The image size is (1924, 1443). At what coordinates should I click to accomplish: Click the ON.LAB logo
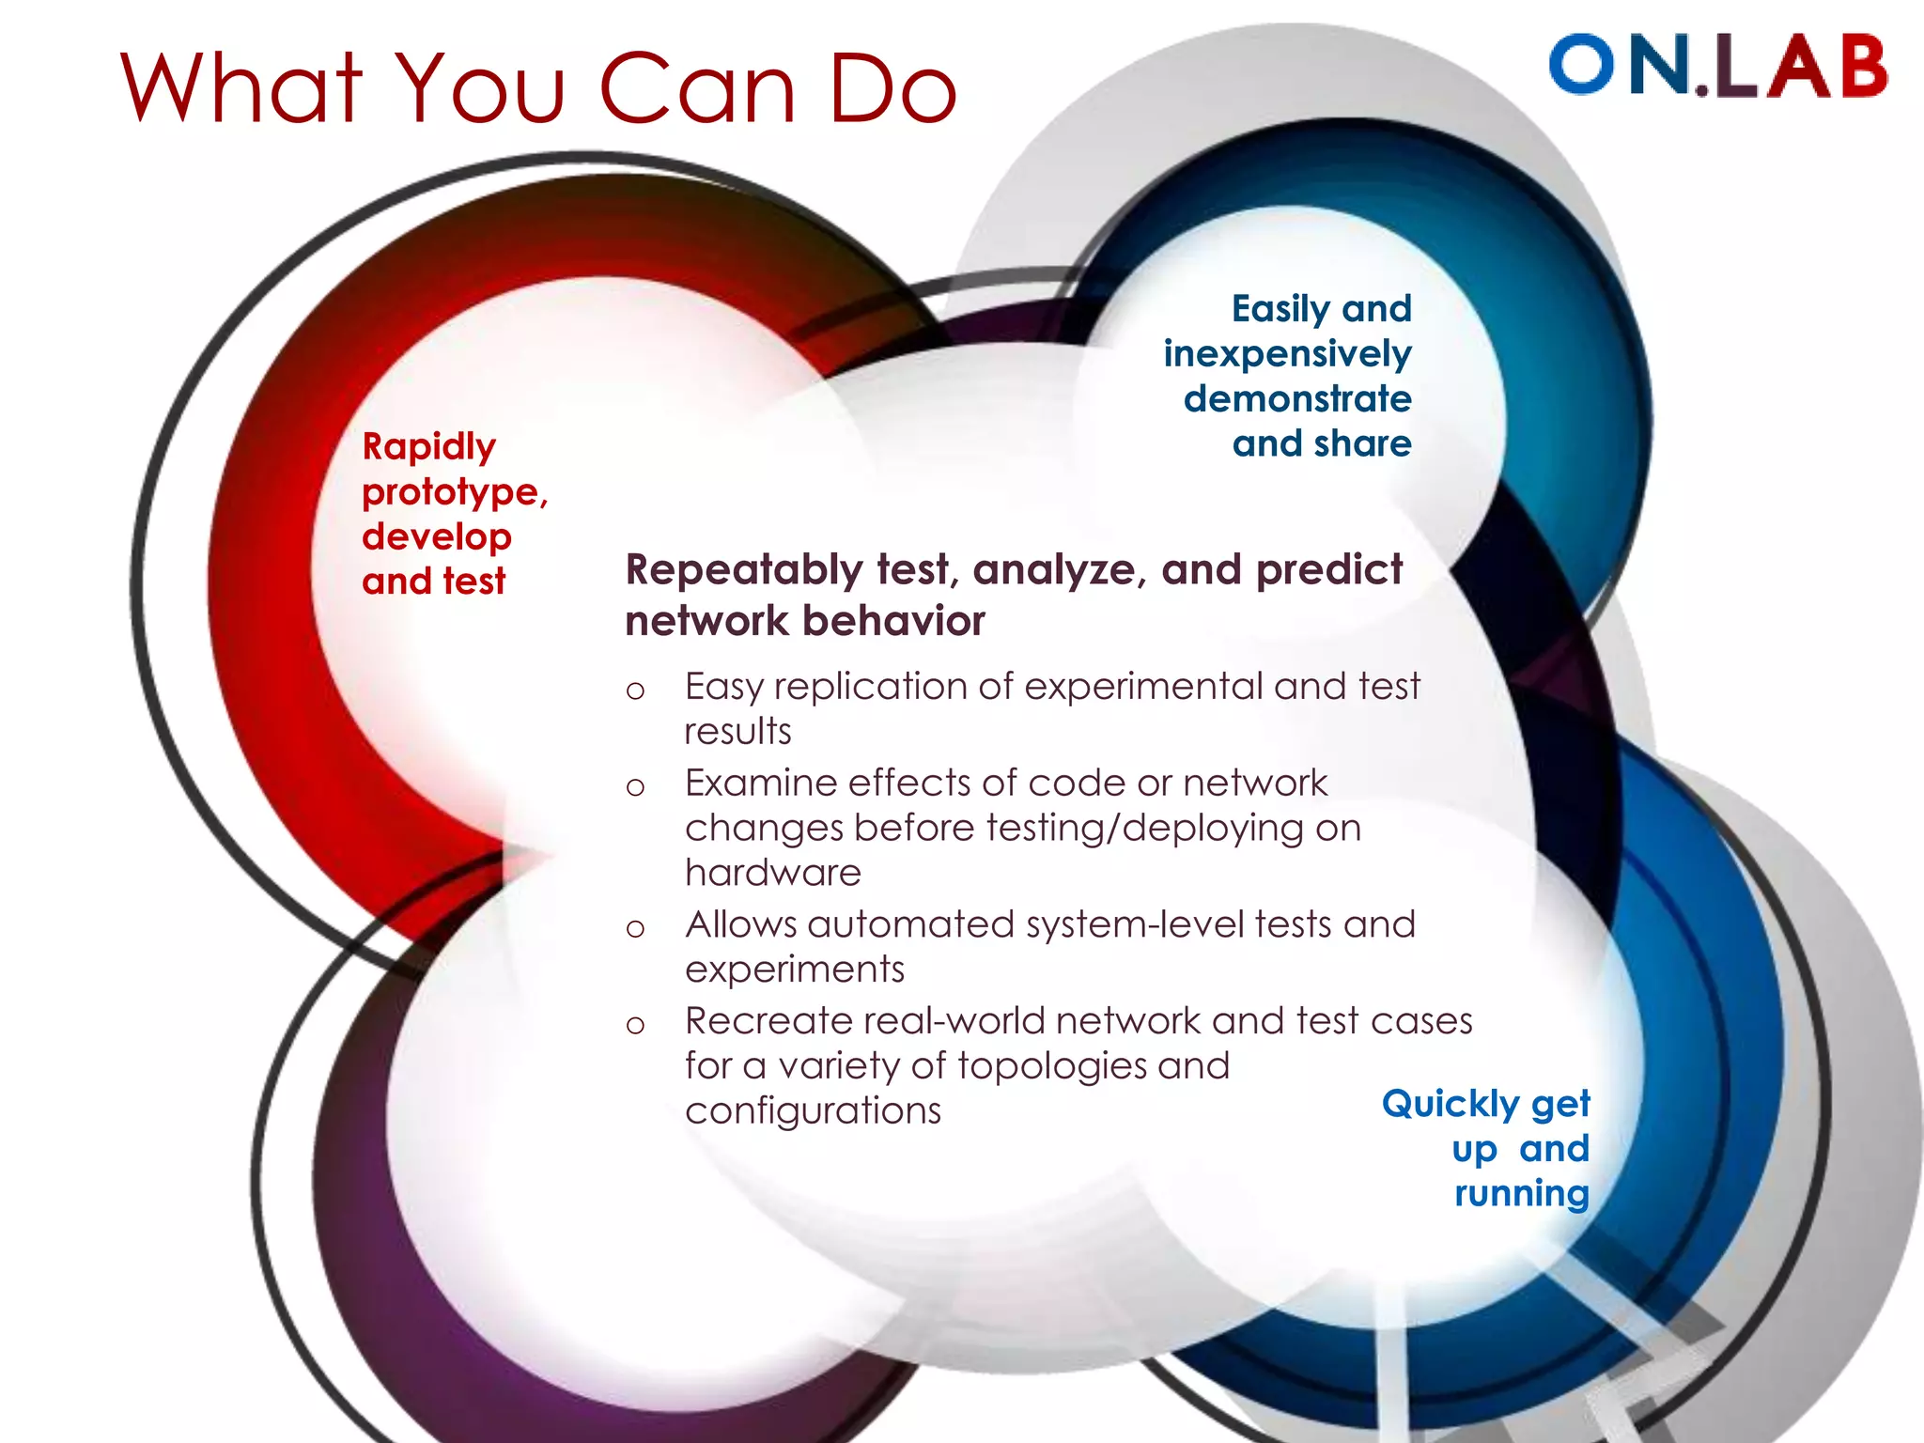point(1717,66)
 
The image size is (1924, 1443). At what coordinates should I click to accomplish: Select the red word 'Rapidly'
point(428,447)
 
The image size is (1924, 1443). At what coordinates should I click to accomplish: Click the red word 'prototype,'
point(455,492)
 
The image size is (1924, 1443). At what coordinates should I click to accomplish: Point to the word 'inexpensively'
point(1287,354)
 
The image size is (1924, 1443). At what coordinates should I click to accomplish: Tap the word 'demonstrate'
point(1297,398)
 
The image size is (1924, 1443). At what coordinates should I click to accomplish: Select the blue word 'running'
point(1521,1193)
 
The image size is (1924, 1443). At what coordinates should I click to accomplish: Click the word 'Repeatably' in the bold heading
point(743,570)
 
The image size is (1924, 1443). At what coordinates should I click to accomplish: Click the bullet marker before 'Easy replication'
point(636,691)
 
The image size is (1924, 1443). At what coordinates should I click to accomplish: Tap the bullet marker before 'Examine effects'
point(636,787)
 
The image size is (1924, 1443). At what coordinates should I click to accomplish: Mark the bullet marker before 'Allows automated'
point(636,930)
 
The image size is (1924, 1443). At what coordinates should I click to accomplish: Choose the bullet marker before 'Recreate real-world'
point(636,1026)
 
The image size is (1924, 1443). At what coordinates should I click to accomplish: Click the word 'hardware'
point(772,873)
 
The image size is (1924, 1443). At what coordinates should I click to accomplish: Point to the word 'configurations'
point(813,1111)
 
